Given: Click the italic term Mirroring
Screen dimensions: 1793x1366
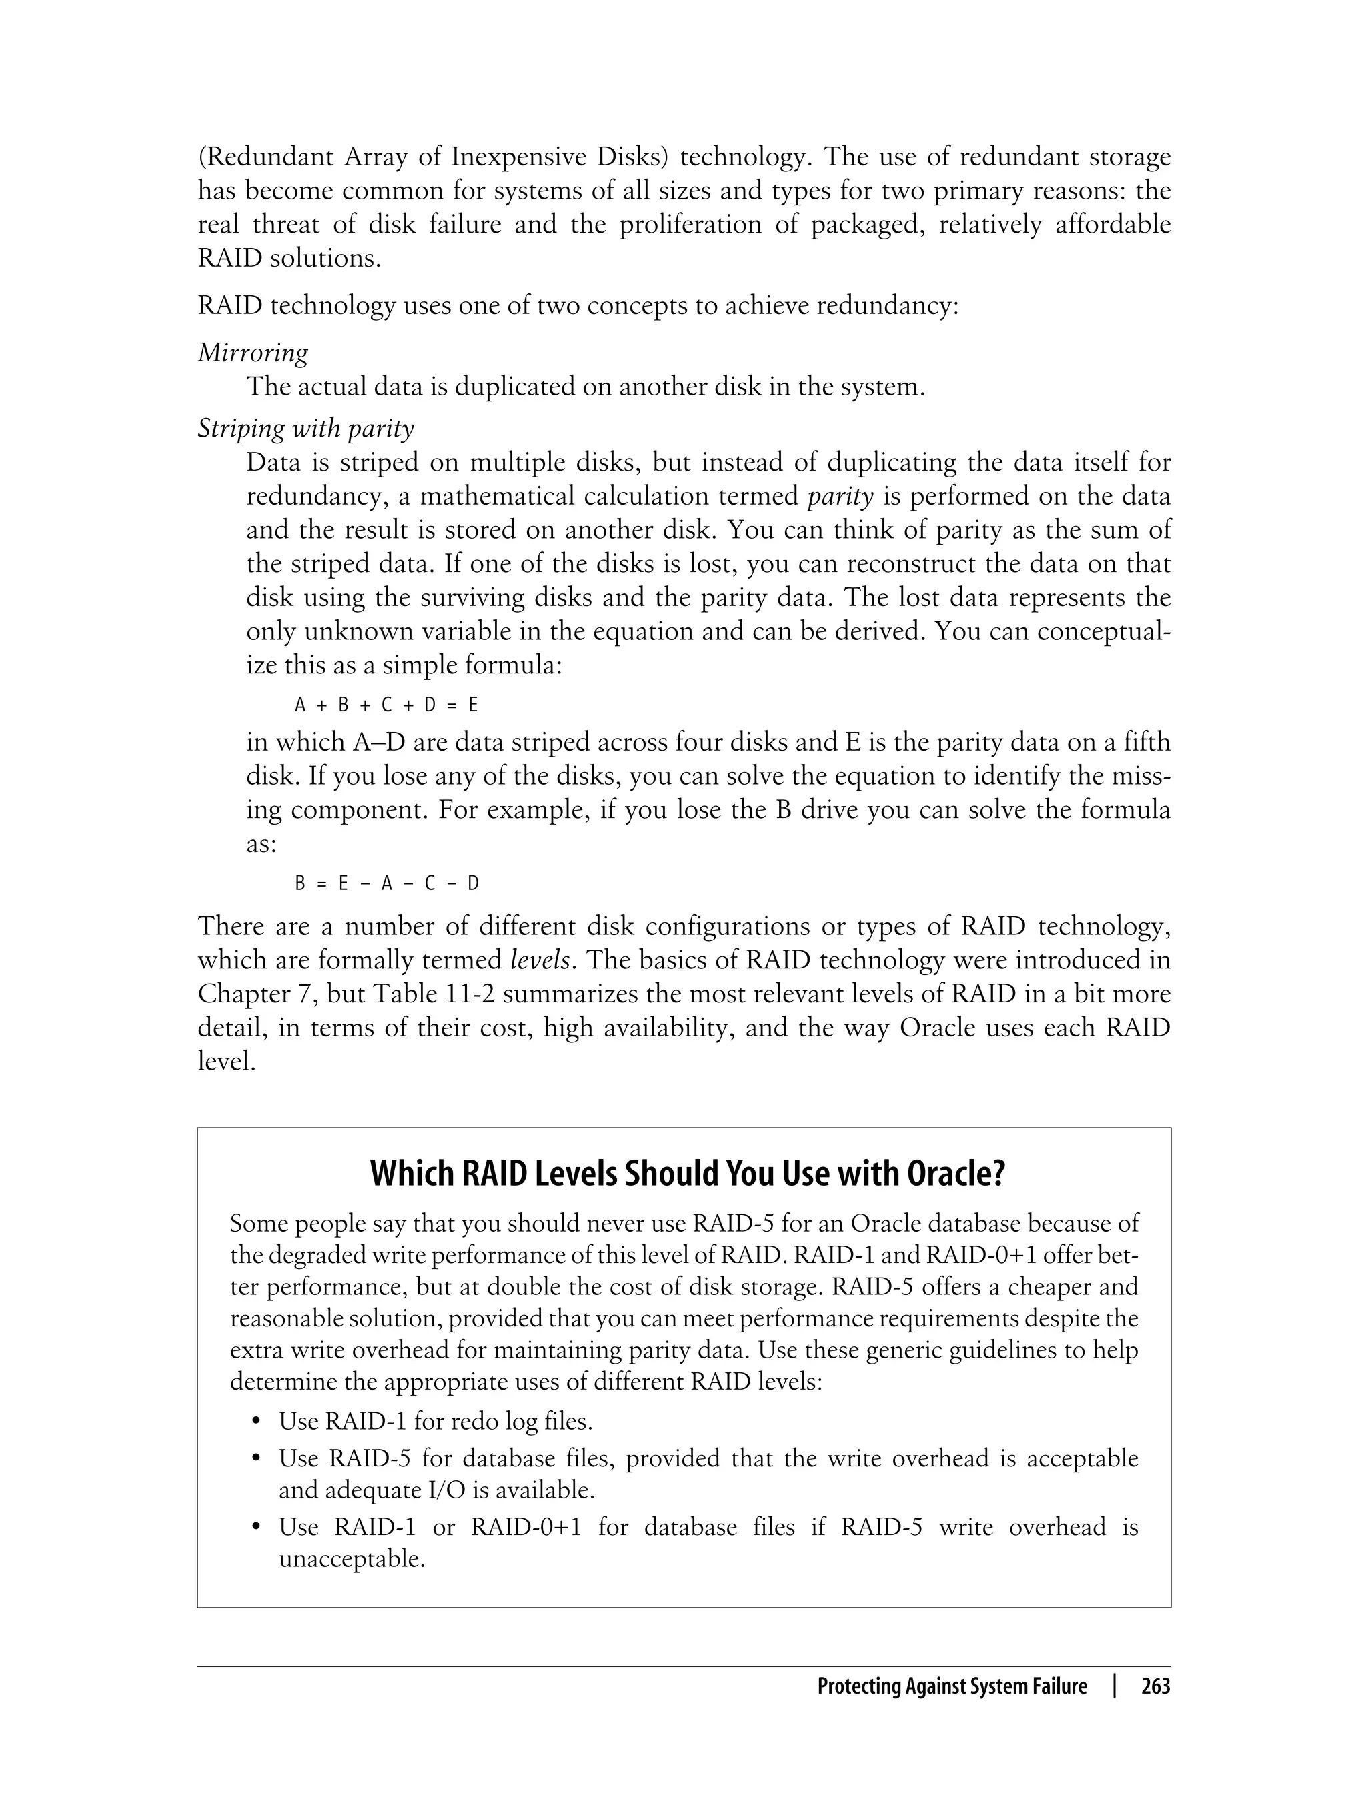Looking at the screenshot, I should coord(253,353).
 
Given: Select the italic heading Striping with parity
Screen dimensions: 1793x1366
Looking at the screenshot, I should coord(305,427).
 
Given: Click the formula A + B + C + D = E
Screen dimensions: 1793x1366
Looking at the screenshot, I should coord(386,705).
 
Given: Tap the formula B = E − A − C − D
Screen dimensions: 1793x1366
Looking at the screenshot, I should coord(386,883).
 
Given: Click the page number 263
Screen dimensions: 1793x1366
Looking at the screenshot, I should coord(1155,1686).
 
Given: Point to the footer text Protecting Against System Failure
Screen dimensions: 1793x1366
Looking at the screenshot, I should coord(951,1686).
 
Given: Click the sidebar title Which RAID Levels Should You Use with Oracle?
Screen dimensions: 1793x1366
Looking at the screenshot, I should coord(687,1174).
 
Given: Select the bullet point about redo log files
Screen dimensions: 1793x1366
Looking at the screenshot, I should coord(435,1421).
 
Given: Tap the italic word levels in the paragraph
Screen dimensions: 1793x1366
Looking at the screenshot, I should coord(539,960).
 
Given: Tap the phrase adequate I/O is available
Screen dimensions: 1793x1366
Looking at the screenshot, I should coord(460,1490).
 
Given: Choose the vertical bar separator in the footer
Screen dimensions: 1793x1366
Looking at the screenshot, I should coord(1114,1686).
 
